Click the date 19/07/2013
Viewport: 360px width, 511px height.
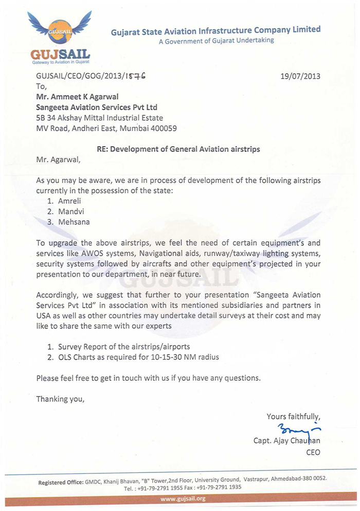[300, 76]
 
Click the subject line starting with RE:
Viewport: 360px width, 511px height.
[178, 149]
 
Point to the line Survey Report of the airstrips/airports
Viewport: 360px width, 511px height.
[123, 347]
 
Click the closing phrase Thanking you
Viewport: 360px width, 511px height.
[60, 399]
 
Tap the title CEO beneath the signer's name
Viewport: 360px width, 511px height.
[313, 452]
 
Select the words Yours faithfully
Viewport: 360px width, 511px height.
[293, 416]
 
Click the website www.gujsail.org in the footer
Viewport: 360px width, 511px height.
[183, 499]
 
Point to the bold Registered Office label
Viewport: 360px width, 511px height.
[61, 482]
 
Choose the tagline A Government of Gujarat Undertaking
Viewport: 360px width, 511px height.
[216, 40]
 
